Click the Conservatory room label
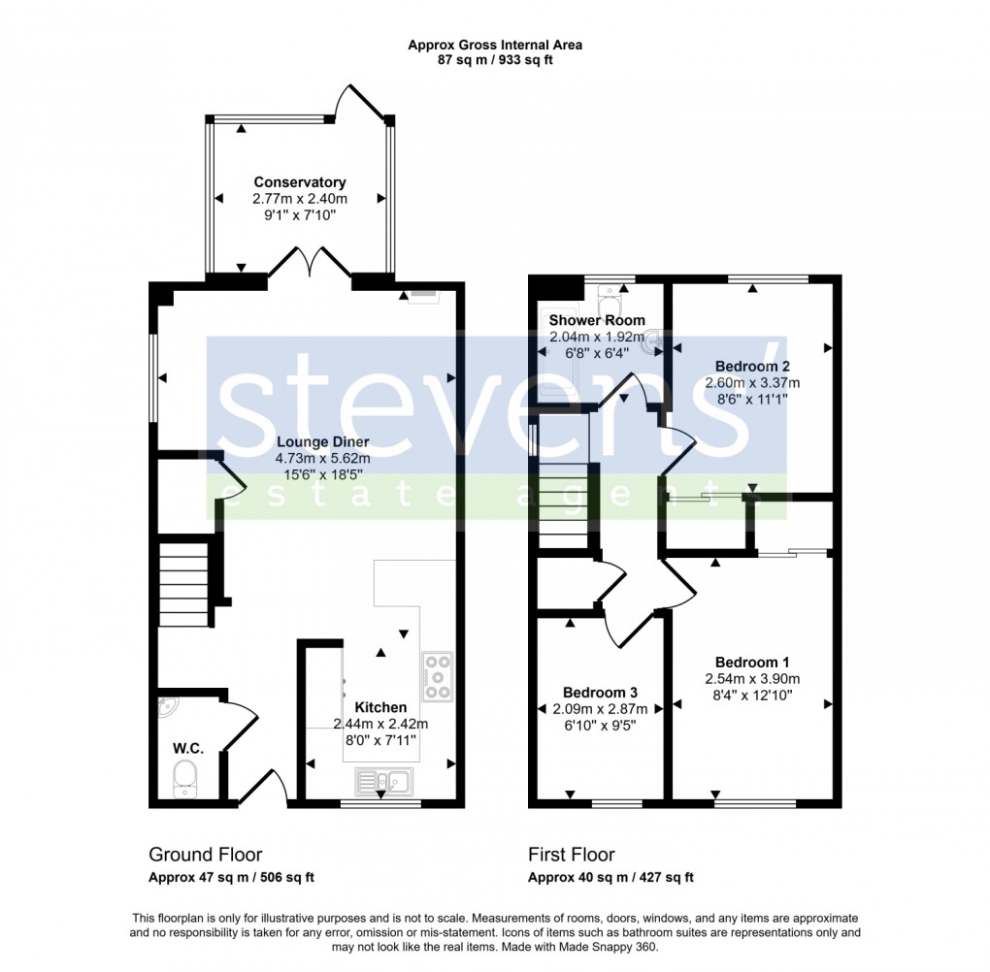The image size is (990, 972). coord(299,182)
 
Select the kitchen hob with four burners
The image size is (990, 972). coord(437,676)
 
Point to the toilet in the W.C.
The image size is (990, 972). coord(183,778)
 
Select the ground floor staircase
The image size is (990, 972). coord(184,585)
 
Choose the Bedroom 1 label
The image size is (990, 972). coord(753,663)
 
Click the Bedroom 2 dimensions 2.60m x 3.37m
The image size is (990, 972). coord(752,382)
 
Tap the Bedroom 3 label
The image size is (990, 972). coord(600,693)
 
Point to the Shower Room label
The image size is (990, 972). coord(596,320)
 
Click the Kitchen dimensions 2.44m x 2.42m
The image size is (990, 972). coord(380,724)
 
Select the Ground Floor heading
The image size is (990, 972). coord(205,855)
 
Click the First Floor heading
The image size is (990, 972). coord(571,855)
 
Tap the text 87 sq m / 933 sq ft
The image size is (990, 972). coord(495,60)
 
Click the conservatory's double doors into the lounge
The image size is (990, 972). coord(310,263)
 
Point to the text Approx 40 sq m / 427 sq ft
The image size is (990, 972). coord(610,878)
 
